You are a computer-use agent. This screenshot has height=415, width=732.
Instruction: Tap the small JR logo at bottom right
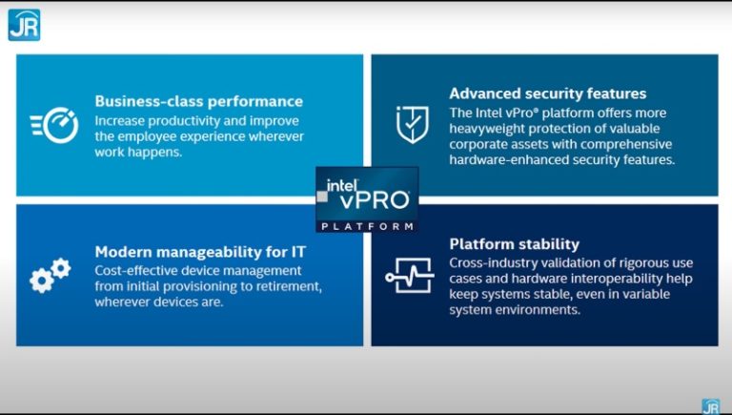[710, 406]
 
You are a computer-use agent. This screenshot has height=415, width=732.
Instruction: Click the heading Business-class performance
[198, 101]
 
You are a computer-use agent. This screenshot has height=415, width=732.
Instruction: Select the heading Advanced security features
[548, 93]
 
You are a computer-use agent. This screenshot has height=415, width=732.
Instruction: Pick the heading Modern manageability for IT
[207, 252]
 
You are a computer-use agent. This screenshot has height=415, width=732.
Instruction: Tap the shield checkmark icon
[412, 125]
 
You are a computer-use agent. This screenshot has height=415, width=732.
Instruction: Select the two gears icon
[50, 275]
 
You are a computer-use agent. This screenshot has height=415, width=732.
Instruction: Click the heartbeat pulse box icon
[410, 276]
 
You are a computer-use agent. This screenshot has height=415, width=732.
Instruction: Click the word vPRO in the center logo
[374, 200]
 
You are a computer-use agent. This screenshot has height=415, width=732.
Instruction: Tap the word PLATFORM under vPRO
[367, 226]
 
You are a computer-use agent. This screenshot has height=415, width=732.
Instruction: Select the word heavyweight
[495, 128]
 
